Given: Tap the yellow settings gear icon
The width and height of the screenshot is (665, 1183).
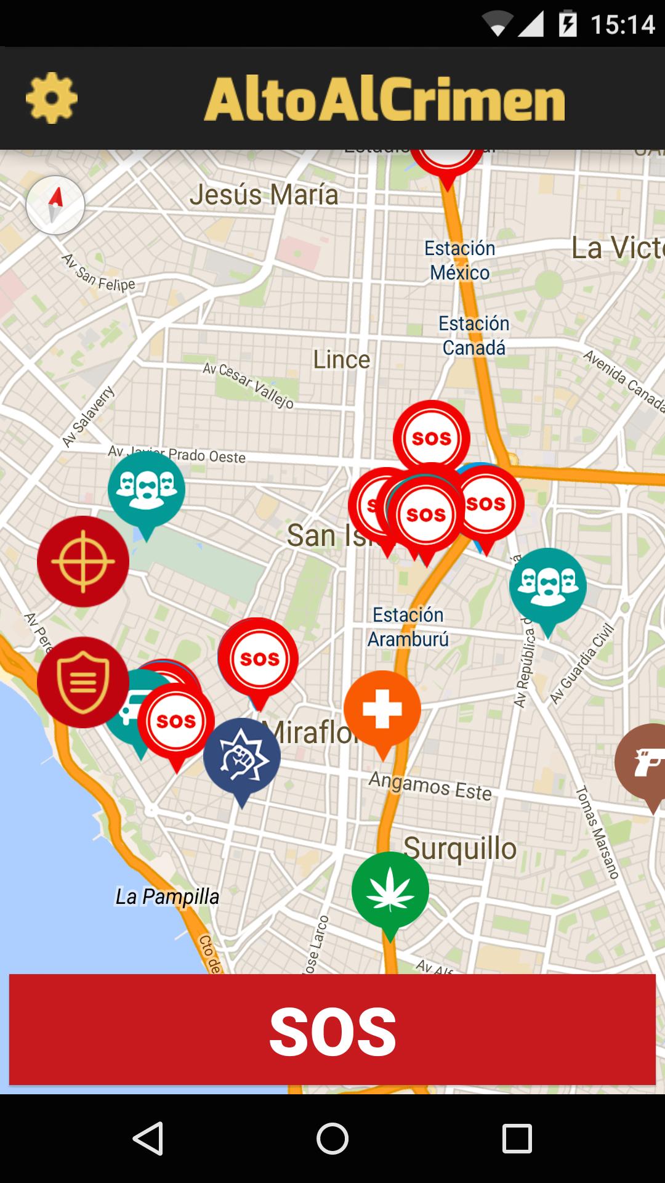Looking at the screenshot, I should [52, 98].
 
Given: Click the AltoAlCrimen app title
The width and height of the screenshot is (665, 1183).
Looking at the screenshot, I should [384, 99].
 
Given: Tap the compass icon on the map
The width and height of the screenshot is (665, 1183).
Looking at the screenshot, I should [55, 205].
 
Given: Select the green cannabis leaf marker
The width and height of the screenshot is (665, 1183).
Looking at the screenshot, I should [390, 890].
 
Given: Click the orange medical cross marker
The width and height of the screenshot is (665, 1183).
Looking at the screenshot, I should [382, 709].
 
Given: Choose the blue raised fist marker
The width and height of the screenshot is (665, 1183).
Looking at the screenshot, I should [241, 757].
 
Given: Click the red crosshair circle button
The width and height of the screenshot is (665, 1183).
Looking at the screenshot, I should [83, 561].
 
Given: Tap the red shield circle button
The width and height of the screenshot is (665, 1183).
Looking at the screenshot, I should [83, 682].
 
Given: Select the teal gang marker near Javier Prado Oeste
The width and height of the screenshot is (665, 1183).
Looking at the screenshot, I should [147, 489].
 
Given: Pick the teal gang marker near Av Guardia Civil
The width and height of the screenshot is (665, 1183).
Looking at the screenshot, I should [547, 586].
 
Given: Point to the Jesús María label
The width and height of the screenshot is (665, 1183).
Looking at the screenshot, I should [264, 195].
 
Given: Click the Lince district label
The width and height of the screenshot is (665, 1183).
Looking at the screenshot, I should [342, 360].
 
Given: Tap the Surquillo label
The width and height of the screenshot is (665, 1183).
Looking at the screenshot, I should [460, 849].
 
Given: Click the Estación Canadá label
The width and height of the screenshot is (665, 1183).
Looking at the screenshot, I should [474, 336].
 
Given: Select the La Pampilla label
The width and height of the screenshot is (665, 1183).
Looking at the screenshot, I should [167, 896].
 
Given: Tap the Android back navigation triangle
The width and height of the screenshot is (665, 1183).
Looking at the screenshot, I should [148, 1138].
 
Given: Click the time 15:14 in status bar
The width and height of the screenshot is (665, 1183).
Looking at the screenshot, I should [623, 25].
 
